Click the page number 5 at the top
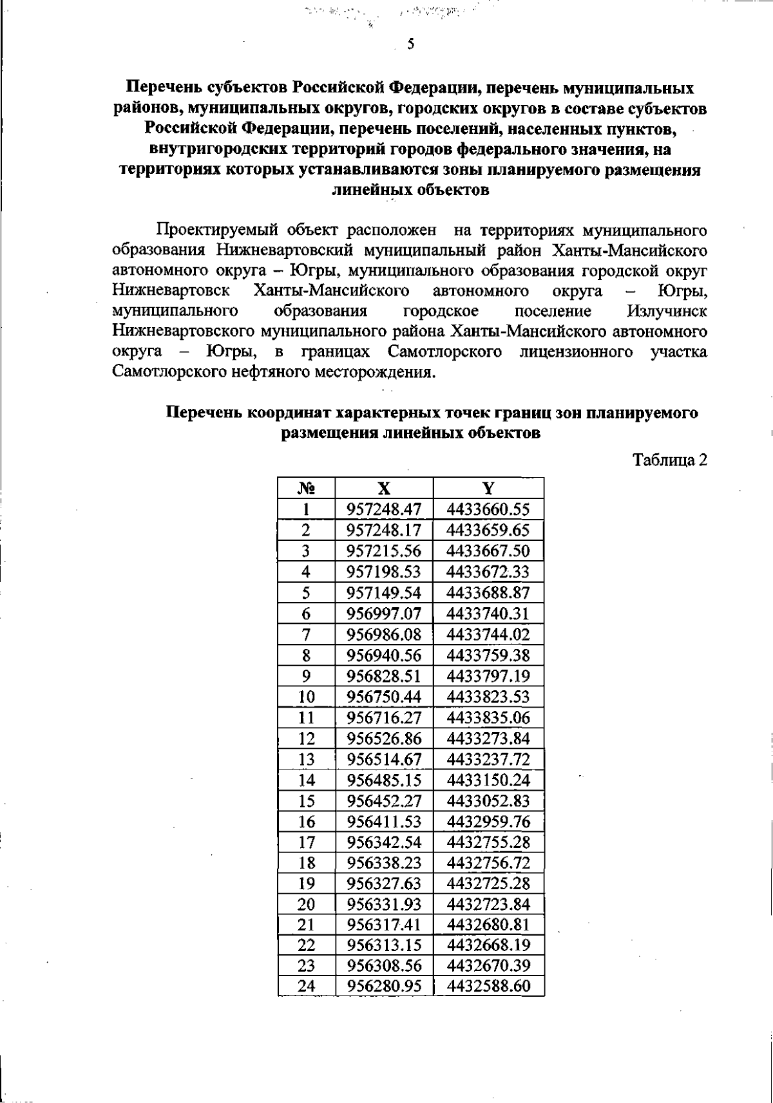(x=410, y=44)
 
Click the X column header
(x=384, y=488)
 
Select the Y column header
(x=488, y=488)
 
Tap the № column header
(x=307, y=488)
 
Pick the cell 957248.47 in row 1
(x=384, y=509)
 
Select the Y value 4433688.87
(x=488, y=592)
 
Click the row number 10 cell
(x=307, y=697)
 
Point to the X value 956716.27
(x=384, y=717)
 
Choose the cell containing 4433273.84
(x=488, y=738)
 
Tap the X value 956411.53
(x=384, y=821)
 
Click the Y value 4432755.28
(x=488, y=842)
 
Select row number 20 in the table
(x=307, y=904)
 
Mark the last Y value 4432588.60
(x=488, y=986)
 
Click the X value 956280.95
(x=384, y=986)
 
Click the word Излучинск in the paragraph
(x=666, y=311)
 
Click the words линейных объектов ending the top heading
(x=410, y=191)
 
